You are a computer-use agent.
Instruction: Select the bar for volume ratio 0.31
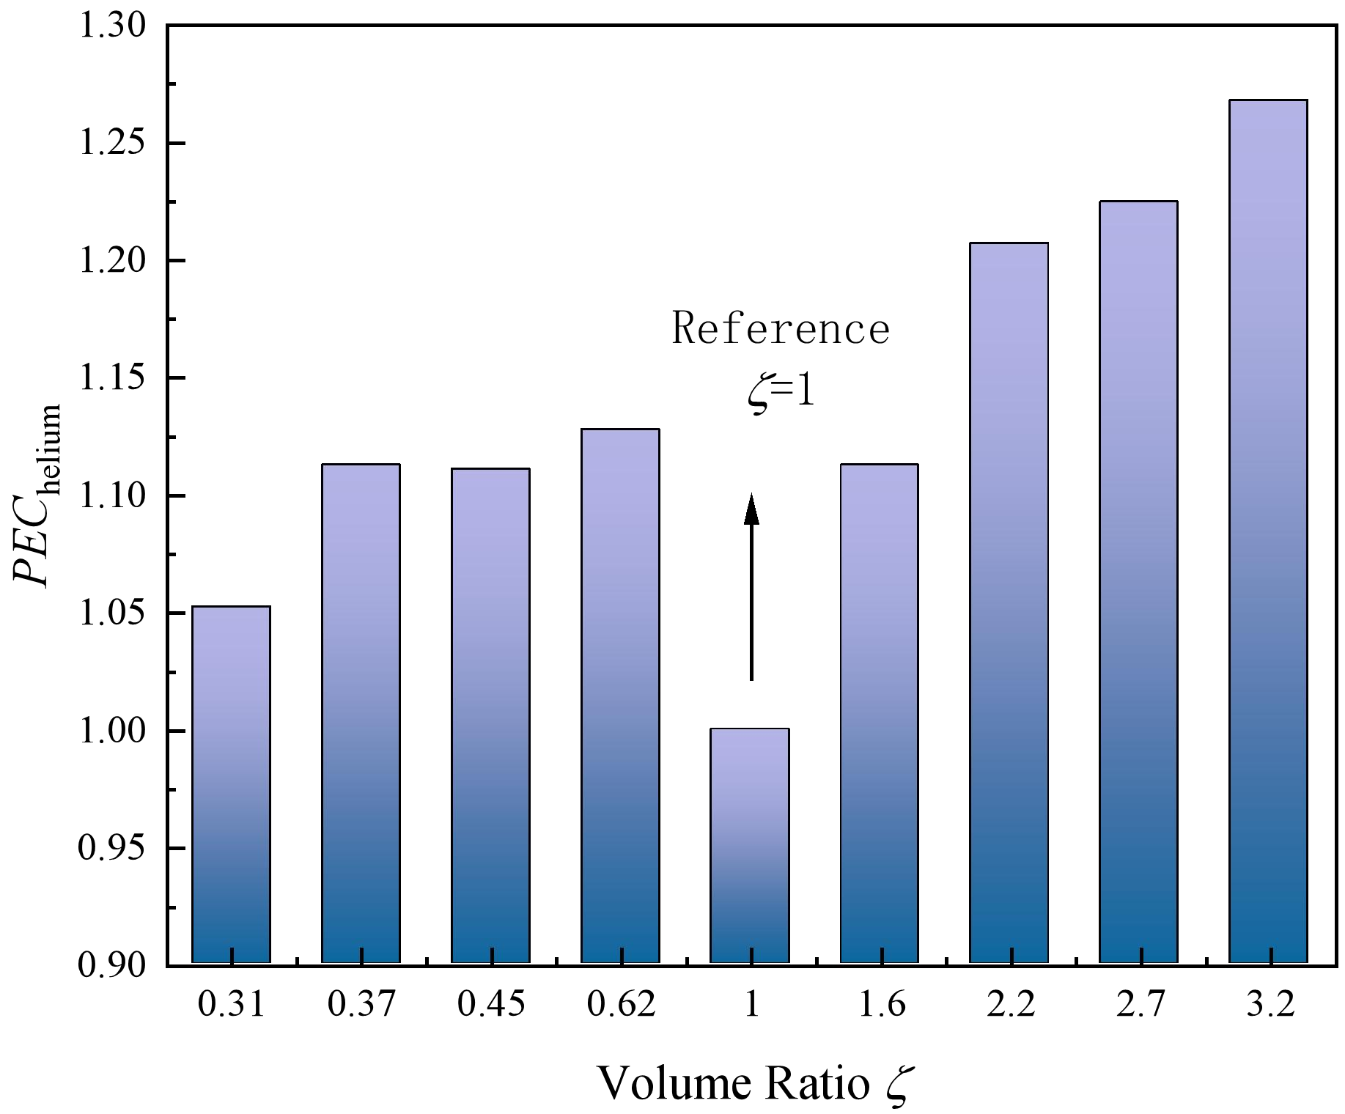pos(231,784)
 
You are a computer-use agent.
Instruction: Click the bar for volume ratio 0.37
pos(361,713)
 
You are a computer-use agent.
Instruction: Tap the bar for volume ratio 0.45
pos(490,715)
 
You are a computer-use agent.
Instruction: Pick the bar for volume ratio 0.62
pos(620,696)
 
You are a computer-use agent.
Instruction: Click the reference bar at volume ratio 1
pos(750,846)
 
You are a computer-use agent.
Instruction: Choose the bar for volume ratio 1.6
pos(879,713)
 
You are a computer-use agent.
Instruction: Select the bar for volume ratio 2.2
pos(1009,602)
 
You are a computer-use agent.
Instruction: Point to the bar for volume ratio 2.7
pos(1138,582)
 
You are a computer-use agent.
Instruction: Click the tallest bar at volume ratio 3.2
pos(1268,531)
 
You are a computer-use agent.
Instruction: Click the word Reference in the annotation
pos(781,328)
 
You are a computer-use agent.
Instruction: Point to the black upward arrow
pos(751,587)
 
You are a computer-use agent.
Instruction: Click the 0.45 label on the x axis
pos(491,1004)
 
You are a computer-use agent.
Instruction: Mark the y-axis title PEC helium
pos(37,495)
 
